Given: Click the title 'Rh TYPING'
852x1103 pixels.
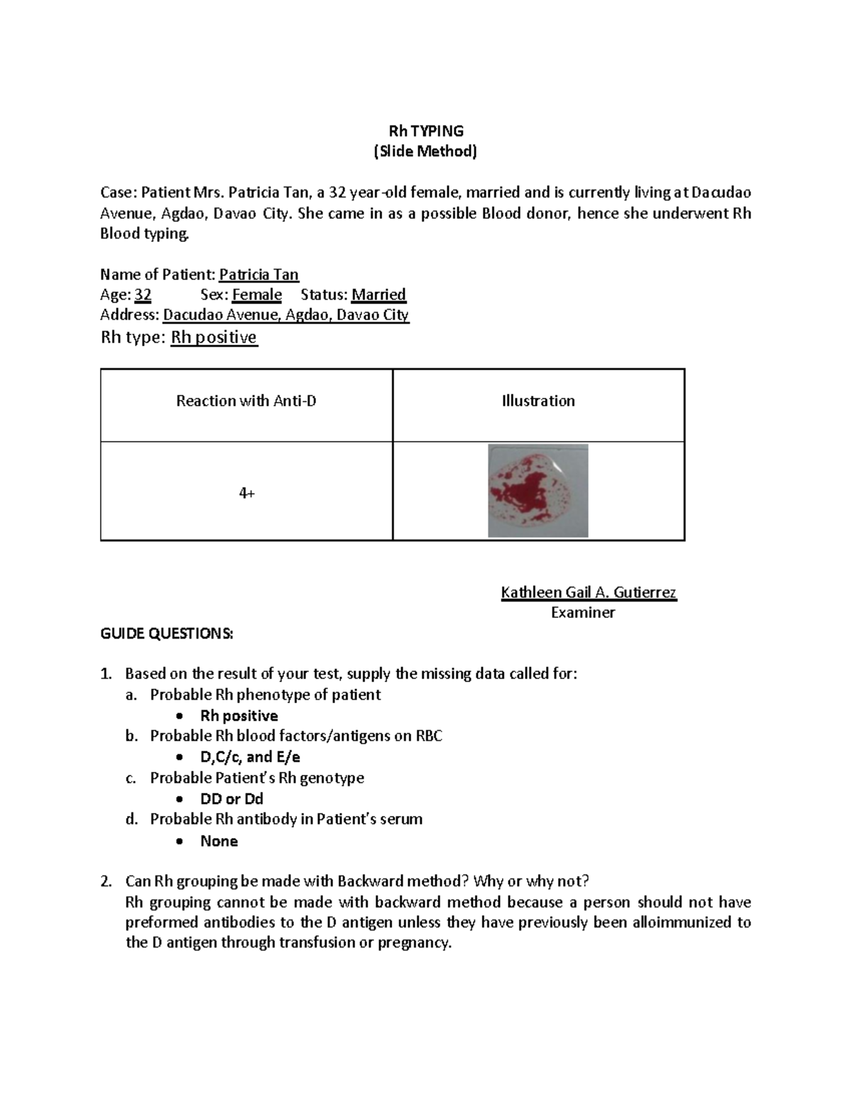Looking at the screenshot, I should point(425,131).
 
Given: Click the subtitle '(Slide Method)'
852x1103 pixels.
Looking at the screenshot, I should point(425,151).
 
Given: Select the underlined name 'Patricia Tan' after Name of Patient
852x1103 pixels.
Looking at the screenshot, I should point(258,275).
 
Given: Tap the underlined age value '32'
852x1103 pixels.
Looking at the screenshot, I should point(143,295).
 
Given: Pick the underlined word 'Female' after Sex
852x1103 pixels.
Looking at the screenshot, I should point(257,295).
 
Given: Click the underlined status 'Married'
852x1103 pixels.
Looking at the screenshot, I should point(378,295).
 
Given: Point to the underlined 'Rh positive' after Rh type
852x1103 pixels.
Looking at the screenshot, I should point(214,337).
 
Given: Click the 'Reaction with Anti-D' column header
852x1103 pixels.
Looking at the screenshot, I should point(246,401).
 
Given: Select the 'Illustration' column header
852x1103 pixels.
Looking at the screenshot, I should point(537,401).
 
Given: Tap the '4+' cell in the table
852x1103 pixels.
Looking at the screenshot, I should point(246,493).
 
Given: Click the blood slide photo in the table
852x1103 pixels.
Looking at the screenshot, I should point(537,491).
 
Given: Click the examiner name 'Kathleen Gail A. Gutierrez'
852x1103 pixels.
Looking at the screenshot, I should point(589,592).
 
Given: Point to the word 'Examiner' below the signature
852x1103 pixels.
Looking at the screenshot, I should point(582,613).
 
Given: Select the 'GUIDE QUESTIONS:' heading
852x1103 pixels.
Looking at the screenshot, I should point(166,634).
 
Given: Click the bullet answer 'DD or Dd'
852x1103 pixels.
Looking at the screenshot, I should point(231,799).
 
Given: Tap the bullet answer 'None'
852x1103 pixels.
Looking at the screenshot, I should point(219,841).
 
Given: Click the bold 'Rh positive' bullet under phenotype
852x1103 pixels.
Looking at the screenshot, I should point(239,716).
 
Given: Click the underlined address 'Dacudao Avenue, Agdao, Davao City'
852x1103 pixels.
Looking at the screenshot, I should point(285,315).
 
